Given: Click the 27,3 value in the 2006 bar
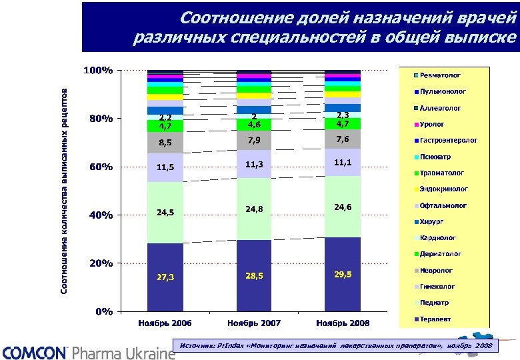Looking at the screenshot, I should tap(165, 277).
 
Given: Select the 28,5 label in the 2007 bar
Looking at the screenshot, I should tap(254, 275).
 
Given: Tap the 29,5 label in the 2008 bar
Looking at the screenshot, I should tap(343, 274).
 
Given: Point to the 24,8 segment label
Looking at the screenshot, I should tap(254, 209).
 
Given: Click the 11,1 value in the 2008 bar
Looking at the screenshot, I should tap(343, 163).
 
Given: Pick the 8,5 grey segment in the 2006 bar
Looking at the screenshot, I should tap(165, 143).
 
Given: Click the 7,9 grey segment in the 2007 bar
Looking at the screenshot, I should tap(254, 141).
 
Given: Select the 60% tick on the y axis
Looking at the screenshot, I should tap(101, 167).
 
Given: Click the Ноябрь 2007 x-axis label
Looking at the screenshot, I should tap(254, 323).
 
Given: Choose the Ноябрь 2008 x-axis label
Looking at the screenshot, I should tap(343, 323).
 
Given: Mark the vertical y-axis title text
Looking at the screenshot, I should tap(65, 190).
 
